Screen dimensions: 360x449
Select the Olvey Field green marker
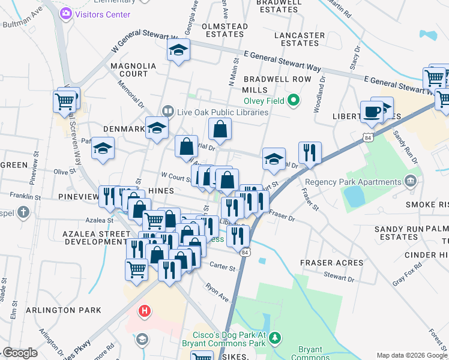(x=294, y=100)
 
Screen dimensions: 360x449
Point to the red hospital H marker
(x=145, y=311)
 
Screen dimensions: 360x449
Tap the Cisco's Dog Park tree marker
(x=275, y=338)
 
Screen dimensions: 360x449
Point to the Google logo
(x=20, y=353)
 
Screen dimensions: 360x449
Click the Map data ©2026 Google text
(x=411, y=355)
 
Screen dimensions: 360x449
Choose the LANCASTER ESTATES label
(x=299, y=39)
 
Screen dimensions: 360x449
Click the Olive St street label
(x=64, y=172)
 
